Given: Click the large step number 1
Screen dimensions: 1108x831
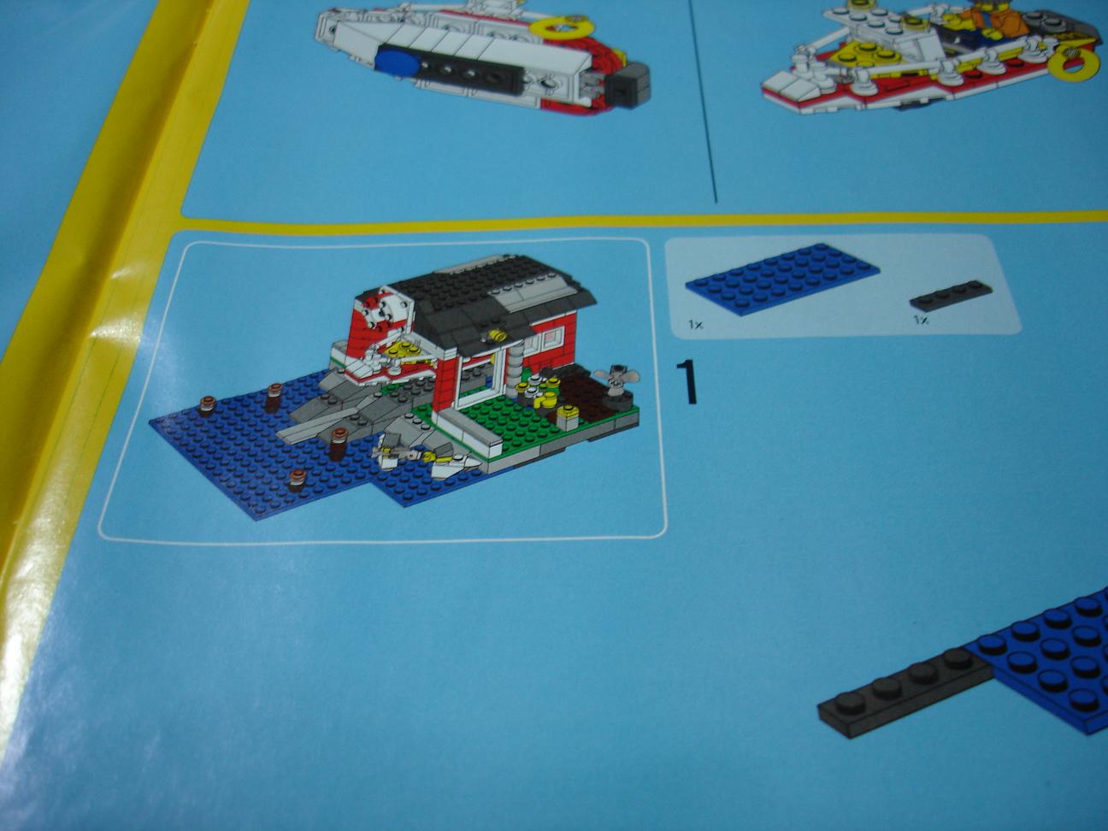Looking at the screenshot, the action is (x=687, y=382).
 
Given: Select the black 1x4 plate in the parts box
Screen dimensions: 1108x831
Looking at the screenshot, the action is (x=951, y=295).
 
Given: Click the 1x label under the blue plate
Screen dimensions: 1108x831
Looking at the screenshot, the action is (x=695, y=326).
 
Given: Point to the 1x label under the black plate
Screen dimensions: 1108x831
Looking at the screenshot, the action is (x=920, y=320).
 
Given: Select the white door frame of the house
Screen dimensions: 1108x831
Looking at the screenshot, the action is (x=480, y=379).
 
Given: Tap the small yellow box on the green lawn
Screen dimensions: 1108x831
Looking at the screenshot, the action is (x=568, y=418).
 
